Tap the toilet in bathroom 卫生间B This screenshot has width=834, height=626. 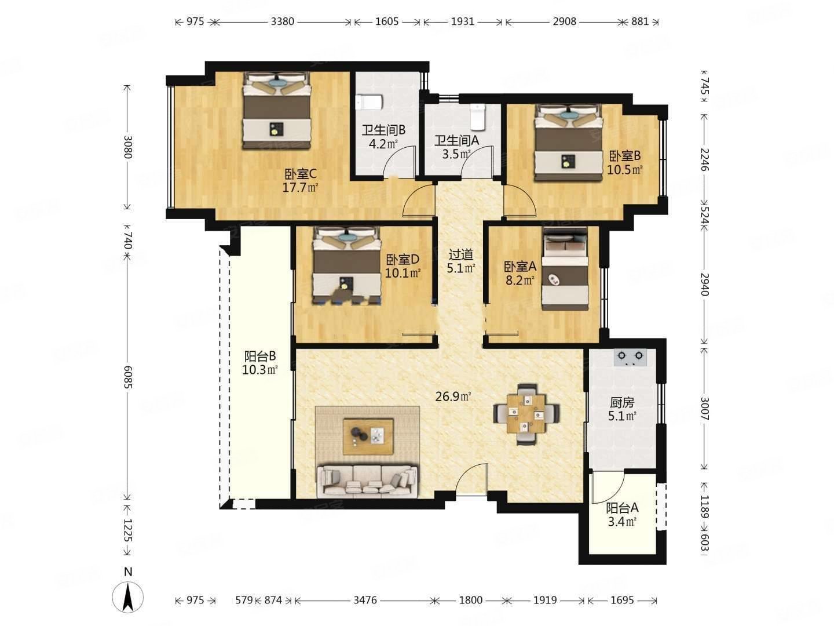coord(368,102)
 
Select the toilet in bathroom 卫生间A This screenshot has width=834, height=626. coord(478,117)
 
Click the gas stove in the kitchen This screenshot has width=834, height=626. coord(630,357)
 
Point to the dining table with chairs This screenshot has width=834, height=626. coord(526,414)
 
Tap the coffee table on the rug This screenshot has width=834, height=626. coord(368,436)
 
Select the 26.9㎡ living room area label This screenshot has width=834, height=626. coord(453,397)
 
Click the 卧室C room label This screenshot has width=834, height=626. coord(300,174)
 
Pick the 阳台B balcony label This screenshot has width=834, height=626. coord(260,356)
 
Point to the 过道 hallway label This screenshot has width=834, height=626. coord(461,254)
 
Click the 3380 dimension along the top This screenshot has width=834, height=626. coord(282,21)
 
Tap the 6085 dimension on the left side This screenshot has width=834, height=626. coord(127,377)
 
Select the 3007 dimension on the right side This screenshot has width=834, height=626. coord(704,408)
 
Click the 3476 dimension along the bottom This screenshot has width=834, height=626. coord(365,600)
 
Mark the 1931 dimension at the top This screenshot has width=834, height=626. coord(462,21)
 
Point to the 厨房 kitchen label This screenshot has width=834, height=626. coord(622,402)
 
